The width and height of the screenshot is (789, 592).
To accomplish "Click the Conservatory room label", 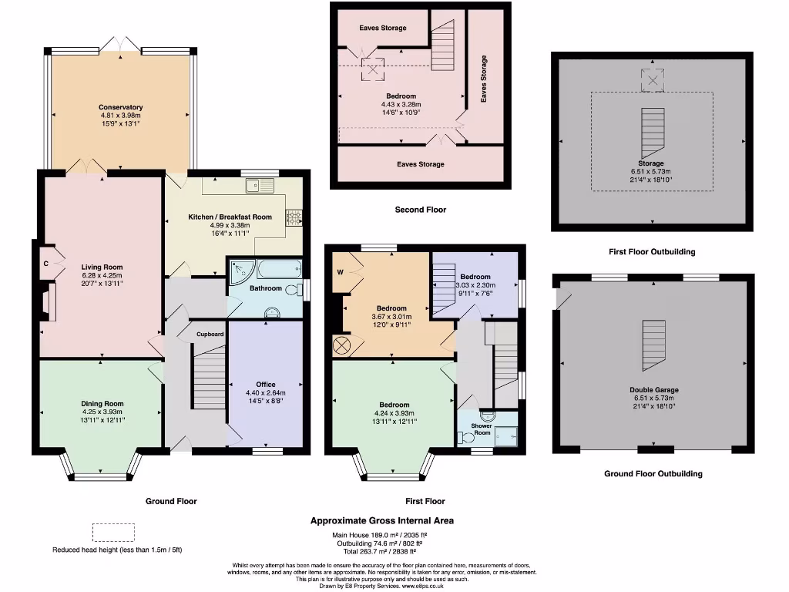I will (x=120, y=107).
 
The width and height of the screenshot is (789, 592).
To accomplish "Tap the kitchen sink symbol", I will (x=260, y=186).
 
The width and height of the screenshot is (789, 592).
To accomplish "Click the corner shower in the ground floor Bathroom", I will (x=240, y=271).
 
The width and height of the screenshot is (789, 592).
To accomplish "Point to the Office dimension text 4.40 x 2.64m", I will (x=265, y=392).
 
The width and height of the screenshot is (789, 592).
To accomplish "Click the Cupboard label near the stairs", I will (x=210, y=334).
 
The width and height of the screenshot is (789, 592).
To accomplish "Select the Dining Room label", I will (x=102, y=403).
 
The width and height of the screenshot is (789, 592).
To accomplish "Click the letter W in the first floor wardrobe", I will (x=340, y=271).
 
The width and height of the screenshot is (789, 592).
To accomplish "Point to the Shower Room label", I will (x=482, y=429).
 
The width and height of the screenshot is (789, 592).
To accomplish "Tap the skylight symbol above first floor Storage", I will (x=652, y=79).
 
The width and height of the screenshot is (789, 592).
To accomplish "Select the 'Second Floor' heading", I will (x=420, y=210).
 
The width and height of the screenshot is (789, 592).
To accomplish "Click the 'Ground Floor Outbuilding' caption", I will (x=653, y=474).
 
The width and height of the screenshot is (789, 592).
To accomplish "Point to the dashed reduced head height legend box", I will (x=113, y=533).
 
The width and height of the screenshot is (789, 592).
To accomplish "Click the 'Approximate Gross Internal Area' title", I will (x=382, y=520).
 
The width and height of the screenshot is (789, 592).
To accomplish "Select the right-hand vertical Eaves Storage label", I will (x=484, y=79).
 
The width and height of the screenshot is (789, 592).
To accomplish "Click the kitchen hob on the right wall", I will (x=294, y=217).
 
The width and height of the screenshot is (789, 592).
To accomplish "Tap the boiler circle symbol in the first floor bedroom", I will (x=341, y=346).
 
